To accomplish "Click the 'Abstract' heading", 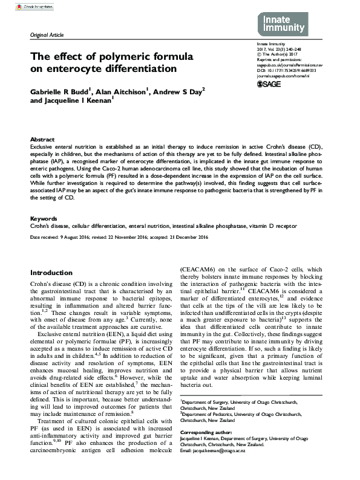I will (42, 139).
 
